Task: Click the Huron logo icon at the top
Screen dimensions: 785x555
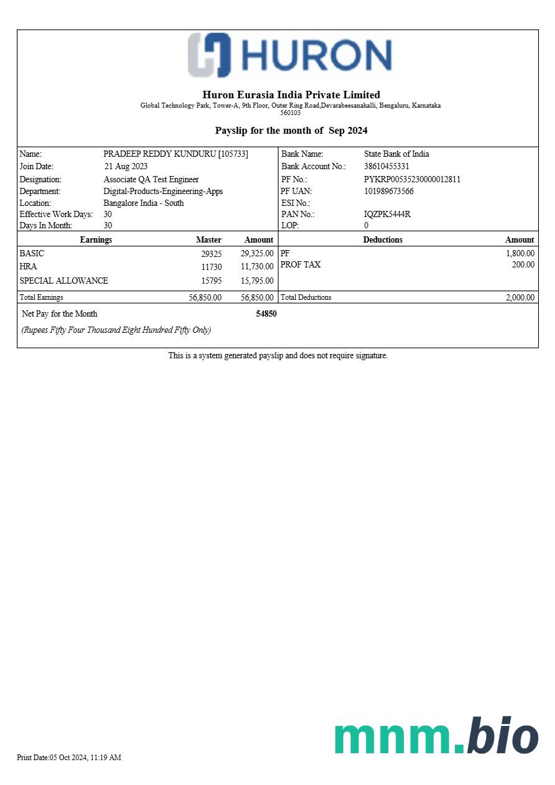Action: [210, 55]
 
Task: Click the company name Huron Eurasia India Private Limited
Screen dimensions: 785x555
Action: [291, 95]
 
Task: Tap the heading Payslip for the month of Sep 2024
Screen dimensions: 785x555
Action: [291, 131]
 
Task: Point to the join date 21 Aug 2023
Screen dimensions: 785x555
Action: [126, 167]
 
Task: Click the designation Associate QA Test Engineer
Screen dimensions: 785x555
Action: [151, 180]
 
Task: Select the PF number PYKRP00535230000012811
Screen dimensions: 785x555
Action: [412, 180]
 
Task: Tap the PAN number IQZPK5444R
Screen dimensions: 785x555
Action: [387, 215]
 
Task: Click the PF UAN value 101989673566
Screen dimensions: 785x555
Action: [389, 192]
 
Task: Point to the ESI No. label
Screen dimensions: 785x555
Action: [296, 203]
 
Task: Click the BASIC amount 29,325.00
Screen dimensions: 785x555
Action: [257, 254]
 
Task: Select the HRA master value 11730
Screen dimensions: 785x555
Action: [212, 267]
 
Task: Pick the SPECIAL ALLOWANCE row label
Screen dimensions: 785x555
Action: [63, 281]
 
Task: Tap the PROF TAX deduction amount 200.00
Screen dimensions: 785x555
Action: [523, 265]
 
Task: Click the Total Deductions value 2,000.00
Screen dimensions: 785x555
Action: [520, 298]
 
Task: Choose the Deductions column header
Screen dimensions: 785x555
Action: [383, 240]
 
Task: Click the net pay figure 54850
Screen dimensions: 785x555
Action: [266, 314]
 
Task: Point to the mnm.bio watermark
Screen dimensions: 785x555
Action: [436, 737]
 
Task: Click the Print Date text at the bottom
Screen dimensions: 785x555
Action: [69, 758]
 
